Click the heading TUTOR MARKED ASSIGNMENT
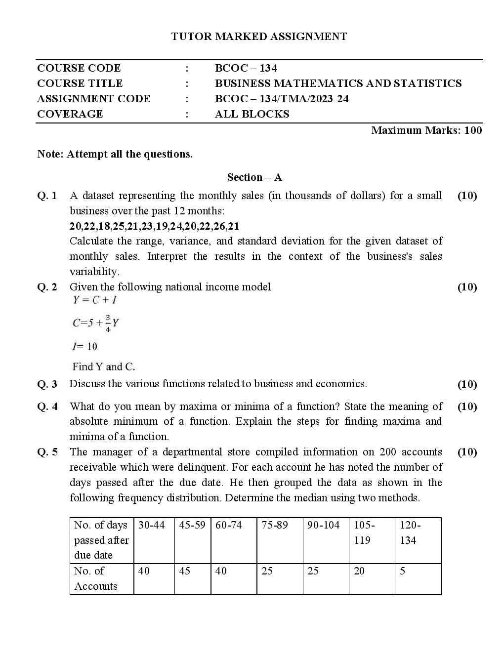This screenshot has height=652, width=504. (259, 37)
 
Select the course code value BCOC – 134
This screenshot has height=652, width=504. (246, 68)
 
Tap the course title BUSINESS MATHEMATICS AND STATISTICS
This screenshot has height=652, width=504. (338, 83)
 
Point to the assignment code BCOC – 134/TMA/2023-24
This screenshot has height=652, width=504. (282, 99)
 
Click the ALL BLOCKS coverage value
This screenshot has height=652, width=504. (252, 114)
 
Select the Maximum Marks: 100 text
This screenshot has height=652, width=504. (426, 130)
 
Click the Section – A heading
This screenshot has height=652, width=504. (254, 177)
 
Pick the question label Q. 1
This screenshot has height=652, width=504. (47, 196)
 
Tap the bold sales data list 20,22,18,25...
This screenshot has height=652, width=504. (154, 226)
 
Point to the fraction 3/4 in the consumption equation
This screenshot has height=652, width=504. (108, 323)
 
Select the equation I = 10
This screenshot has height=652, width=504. (84, 346)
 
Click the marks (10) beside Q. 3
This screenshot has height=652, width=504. (467, 384)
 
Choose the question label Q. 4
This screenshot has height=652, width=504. (47, 407)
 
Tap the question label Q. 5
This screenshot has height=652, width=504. (47, 452)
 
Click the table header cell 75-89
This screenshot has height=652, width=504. (274, 525)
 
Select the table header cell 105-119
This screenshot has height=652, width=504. (364, 532)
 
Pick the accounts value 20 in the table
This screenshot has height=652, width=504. (359, 571)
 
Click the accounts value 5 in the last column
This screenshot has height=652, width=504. (403, 571)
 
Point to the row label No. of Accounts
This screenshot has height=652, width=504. (96, 578)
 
